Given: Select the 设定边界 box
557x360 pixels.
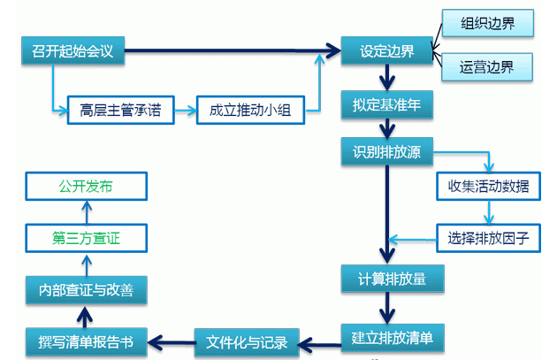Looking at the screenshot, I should [x=387, y=50].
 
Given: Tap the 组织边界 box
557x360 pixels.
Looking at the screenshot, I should [x=489, y=23].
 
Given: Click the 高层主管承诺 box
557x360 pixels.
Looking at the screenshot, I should [x=120, y=111].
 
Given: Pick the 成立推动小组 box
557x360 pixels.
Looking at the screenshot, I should [x=250, y=111].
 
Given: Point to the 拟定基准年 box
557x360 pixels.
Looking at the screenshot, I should [x=387, y=104].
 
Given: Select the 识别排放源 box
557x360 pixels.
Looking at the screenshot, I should [x=387, y=151].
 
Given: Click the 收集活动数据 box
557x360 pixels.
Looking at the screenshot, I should [x=489, y=187].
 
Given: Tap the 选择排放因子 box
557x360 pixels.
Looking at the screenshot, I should [x=489, y=237].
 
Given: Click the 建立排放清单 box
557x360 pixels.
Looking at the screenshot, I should [x=393, y=336].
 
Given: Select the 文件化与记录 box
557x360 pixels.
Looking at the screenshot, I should [x=247, y=340].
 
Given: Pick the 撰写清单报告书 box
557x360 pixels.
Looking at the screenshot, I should [x=86, y=341].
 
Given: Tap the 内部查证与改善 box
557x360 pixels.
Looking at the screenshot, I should [x=86, y=289].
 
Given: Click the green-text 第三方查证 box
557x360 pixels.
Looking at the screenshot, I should [x=86, y=238].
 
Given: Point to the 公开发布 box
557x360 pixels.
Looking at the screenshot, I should [x=86, y=187].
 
